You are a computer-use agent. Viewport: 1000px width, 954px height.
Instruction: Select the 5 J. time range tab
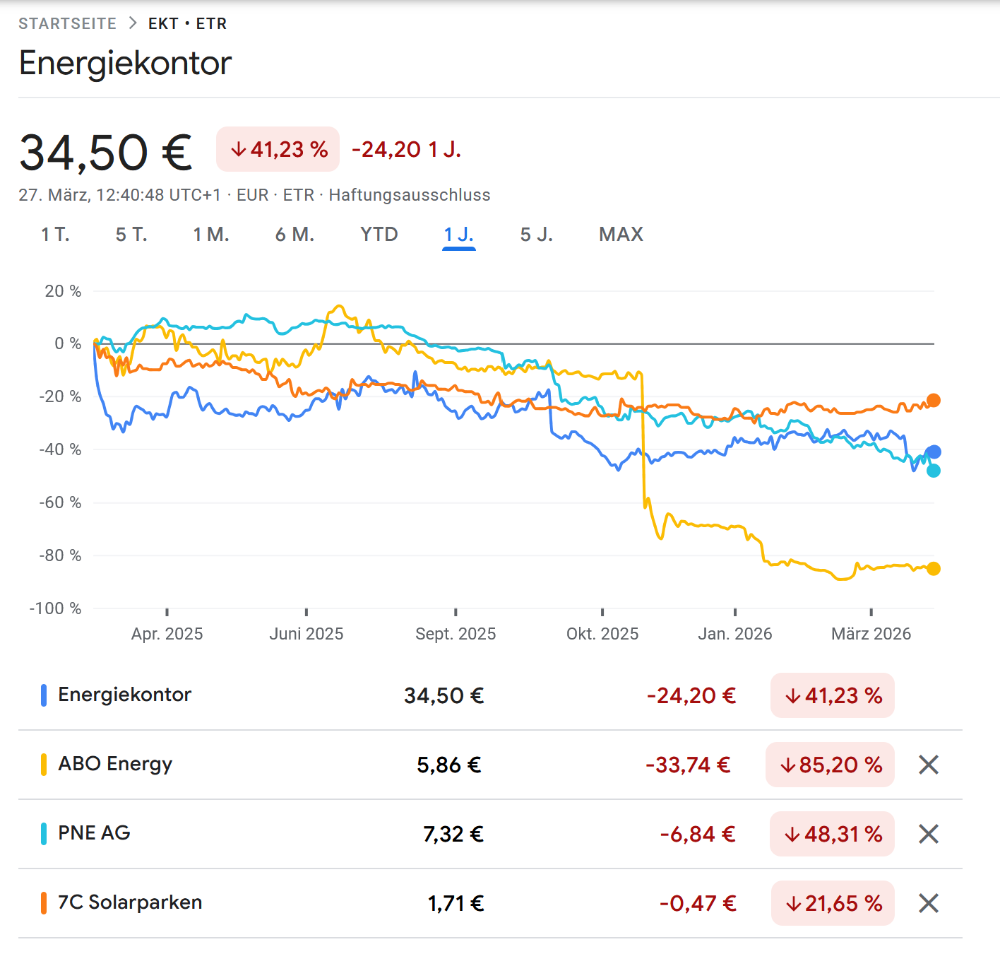[536, 235]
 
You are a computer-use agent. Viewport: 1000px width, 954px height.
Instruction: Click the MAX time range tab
[621, 235]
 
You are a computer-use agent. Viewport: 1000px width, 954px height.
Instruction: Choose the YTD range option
[379, 235]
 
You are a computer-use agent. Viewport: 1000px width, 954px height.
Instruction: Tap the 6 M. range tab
[294, 235]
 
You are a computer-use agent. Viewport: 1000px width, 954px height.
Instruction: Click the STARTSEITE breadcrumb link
[67, 23]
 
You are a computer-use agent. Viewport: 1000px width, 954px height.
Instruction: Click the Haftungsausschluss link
[410, 195]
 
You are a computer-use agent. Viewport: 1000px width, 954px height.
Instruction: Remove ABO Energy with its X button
[929, 765]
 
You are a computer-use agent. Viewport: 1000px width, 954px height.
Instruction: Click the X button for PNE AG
[929, 834]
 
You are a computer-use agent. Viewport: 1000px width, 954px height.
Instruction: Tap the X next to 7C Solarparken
[929, 903]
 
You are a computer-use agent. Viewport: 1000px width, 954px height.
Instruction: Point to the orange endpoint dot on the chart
[934, 400]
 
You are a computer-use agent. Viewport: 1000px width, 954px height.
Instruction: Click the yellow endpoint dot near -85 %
[934, 568]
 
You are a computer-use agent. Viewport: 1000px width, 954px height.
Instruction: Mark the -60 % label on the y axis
[60, 502]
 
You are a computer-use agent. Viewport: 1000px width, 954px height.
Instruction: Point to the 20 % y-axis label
[63, 291]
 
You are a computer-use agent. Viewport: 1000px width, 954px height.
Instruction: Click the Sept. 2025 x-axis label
[456, 634]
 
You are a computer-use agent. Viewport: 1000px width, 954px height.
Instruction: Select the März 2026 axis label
[871, 634]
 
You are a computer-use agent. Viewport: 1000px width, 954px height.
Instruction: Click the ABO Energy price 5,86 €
[449, 765]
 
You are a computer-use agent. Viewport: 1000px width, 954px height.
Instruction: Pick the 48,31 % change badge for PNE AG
[833, 834]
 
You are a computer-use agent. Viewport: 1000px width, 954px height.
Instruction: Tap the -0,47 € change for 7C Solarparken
[698, 903]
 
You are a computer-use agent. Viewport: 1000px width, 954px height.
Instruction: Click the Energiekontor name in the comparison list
[124, 695]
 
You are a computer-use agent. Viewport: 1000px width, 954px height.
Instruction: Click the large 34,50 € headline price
[106, 153]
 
